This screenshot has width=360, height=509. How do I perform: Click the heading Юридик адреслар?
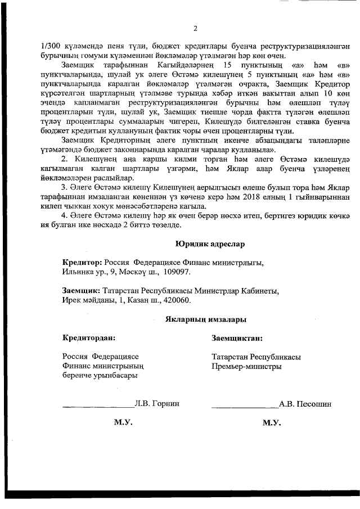(x=210, y=244)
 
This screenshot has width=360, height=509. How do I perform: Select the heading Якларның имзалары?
(x=206, y=319)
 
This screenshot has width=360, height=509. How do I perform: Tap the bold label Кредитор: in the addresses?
(x=82, y=262)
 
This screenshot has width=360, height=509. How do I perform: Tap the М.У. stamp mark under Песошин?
(x=271, y=422)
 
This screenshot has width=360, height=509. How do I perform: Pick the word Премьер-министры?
(x=247, y=367)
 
